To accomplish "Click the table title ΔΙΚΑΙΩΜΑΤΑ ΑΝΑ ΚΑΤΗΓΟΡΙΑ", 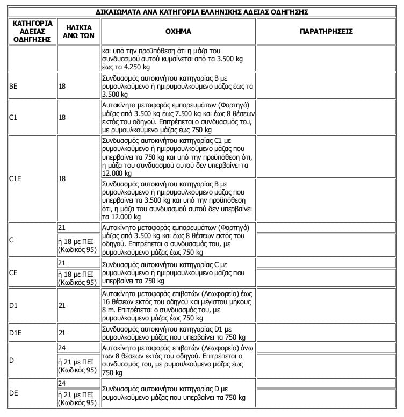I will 201,12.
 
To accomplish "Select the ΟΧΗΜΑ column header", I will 178,32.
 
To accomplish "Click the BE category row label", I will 15,86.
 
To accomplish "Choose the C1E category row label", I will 16,178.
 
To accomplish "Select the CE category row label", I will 15,272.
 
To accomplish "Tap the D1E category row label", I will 16,333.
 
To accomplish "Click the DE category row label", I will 15,393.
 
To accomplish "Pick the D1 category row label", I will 15,305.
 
